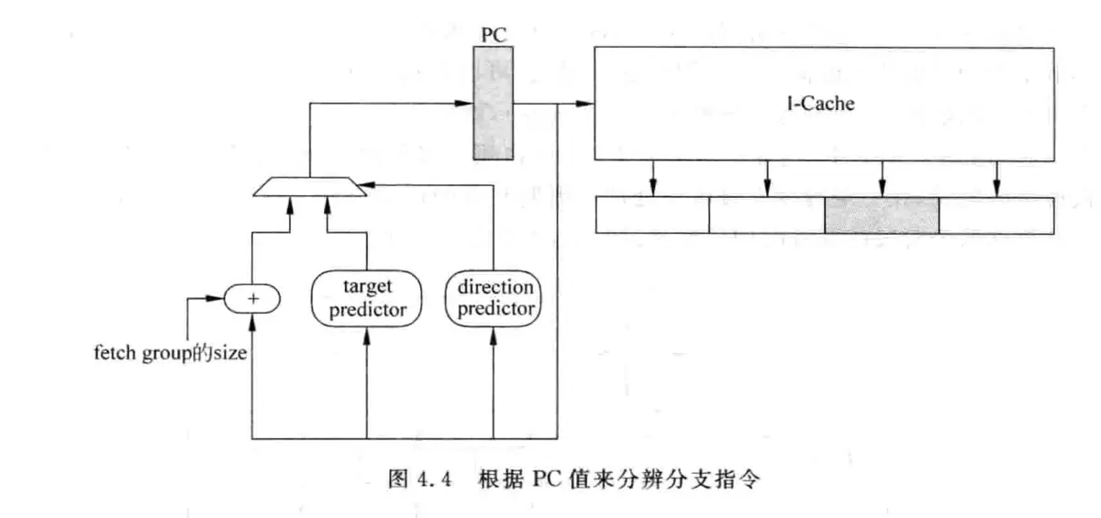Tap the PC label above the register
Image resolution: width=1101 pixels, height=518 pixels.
[494, 36]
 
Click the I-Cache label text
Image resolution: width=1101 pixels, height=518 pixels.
[824, 104]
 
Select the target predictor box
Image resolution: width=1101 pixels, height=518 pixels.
[366, 300]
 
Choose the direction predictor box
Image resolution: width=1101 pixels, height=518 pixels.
[495, 298]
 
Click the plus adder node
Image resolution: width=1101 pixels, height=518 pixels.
[251, 298]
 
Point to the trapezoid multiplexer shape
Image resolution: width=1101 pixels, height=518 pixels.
[310, 187]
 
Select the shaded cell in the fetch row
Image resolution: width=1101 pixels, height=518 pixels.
[882, 215]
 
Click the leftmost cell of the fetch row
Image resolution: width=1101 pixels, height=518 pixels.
[652, 215]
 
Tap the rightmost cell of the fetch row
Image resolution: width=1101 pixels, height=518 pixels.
[996, 215]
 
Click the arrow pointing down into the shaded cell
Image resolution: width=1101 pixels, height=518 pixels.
[883, 191]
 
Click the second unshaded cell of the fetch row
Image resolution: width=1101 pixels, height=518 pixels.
[767, 215]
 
